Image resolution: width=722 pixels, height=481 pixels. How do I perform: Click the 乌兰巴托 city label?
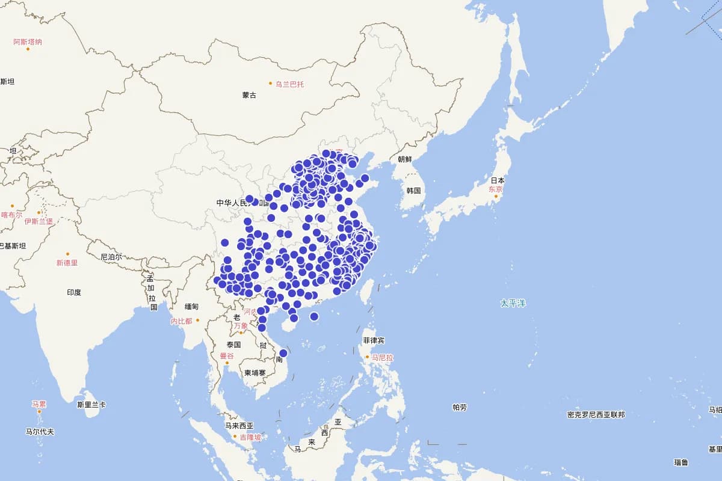pyautogui.click(x=290, y=84)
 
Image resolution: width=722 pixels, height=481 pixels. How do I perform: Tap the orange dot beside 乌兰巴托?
pyautogui.click(x=271, y=83)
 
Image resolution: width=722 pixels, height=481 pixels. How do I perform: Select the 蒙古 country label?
pyautogui.click(x=249, y=95)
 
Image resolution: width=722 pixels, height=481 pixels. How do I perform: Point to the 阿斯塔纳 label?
pyautogui.click(x=28, y=42)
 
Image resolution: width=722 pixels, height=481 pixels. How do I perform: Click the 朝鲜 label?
pyautogui.click(x=405, y=159)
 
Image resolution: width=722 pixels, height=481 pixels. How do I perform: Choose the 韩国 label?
pyautogui.click(x=413, y=191)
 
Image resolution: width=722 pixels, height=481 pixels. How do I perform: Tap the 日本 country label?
pyautogui.click(x=498, y=180)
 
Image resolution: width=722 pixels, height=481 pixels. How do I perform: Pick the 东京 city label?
pyautogui.click(x=495, y=189)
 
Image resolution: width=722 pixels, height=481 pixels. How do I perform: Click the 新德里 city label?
pyautogui.click(x=67, y=263)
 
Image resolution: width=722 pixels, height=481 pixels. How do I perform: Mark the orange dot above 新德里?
pyautogui.click(x=67, y=254)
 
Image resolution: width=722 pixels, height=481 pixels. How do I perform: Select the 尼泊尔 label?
pyautogui.click(x=111, y=257)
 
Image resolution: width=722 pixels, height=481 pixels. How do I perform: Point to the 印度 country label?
pyautogui.click(x=74, y=293)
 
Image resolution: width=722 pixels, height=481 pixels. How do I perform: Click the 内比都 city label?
pyautogui.click(x=181, y=321)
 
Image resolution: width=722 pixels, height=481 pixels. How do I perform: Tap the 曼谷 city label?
pyautogui.click(x=226, y=356)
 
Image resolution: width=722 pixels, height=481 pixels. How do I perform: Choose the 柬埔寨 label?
pyautogui.click(x=255, y=373)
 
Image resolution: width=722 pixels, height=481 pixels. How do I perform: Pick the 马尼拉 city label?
pyautogui.click(x=382, y=357)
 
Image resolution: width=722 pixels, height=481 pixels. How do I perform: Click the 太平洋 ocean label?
pyautogui.click(x=513, y=303)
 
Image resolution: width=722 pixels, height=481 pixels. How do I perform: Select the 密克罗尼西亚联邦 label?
pyautogui.click(x=596, y=415)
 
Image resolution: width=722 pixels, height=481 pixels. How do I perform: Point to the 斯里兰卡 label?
pyautogui.click(x=91, y=405)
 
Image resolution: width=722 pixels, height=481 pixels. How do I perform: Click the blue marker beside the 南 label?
pyautogui.click(x=283, y=354)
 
